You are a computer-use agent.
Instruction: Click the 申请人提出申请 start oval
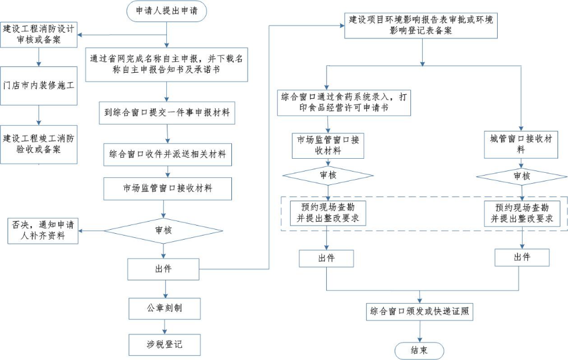[166, 11]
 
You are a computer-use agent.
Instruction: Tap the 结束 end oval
[419, 351]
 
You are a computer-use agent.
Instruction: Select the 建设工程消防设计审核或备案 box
[38, 35]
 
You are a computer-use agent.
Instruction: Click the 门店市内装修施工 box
[38, 86]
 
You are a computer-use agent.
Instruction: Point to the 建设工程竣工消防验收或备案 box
[38, 144]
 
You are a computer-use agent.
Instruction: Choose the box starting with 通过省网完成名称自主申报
[167, 65]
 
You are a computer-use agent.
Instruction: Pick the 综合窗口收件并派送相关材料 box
[167, 155]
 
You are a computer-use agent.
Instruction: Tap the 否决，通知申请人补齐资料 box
[42, 231]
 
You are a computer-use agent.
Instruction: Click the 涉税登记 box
[165, 344]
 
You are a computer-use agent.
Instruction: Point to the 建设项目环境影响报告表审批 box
[421, 25]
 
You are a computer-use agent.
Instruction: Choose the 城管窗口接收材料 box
[520, 144]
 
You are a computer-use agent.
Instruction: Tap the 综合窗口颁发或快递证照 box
[420, 312]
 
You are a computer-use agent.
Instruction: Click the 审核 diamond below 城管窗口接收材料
[521, 176]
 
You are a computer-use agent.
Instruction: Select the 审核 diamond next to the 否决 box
[164, 231]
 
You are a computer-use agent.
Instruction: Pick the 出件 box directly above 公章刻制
[165, 269]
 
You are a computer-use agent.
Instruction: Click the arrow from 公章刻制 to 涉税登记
[165, 326]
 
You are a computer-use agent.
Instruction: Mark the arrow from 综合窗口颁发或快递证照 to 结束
[420, 332]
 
